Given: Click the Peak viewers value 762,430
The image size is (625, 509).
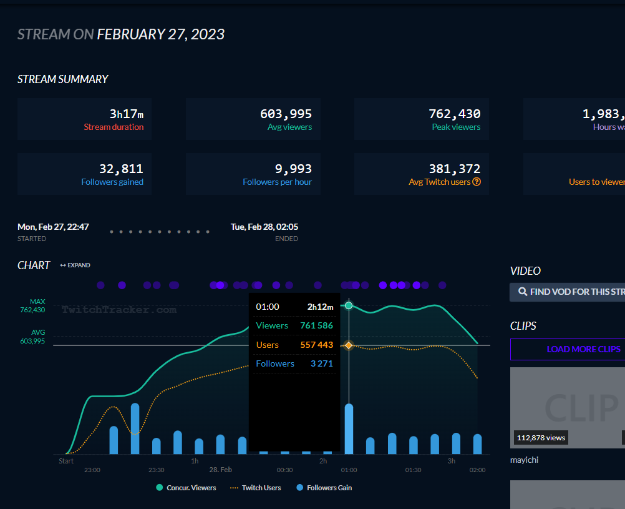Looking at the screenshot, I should (x=454, y=114).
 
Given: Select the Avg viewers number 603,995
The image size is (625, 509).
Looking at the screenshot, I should (x=286, y=114).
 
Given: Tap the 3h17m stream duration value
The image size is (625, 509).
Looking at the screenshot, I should (x=126, y=114).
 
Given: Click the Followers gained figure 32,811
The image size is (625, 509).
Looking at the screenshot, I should (x=121, y=169).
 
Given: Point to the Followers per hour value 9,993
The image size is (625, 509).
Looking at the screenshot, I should (x=293, y=169).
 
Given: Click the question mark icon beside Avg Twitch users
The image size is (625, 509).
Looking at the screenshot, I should (x=477, y=182).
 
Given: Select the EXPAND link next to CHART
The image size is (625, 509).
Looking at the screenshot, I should (x=75, y=265).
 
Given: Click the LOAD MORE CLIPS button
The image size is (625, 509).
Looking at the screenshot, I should (x=567, y=349).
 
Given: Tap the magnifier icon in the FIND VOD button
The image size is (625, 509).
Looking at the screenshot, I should (x=523, y=292).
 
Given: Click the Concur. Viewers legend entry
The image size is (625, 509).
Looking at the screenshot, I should (x=186, y=488).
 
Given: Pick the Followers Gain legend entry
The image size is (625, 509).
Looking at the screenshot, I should (x=325, y=488).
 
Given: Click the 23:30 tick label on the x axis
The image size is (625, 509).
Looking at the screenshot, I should (x=157, y=470).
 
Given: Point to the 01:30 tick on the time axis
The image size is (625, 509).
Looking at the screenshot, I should (x=413, y=470).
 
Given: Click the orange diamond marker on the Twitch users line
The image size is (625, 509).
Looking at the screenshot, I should (x=349, y=345).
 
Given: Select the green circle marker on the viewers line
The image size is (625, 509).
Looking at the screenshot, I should (x=349, y=306).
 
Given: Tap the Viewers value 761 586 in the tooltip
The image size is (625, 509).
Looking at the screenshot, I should (x=316, y=325).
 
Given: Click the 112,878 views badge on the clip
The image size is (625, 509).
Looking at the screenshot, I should (x=541, y=438).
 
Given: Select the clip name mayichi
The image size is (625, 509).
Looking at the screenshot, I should (x=524, y=460).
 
